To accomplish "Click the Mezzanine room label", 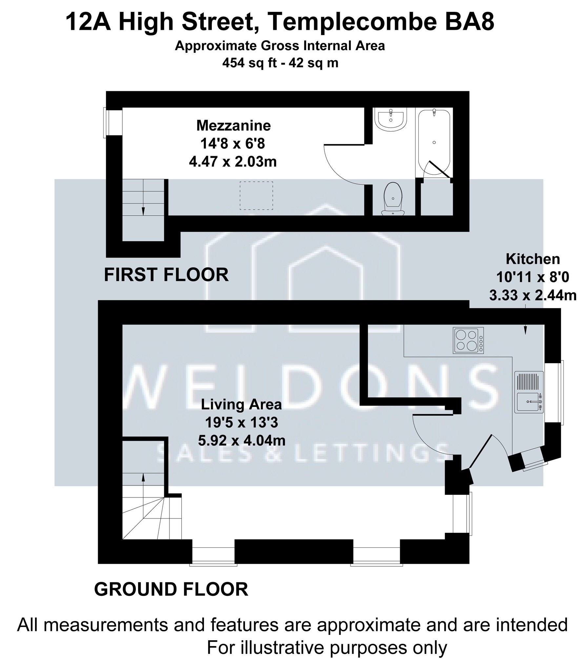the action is coord(233,126).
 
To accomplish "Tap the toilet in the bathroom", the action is coord(393,199).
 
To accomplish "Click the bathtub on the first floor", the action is coord(434,143).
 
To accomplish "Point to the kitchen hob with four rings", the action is coord(468,340).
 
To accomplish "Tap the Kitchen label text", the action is coord(533,259).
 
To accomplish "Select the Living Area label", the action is coord(241,404).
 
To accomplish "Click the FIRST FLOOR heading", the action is coord(166,275).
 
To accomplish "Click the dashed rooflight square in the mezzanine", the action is coord(256,196).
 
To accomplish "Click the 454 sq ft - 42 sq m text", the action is coord(280,63).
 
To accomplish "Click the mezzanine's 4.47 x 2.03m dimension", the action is coord(233,162).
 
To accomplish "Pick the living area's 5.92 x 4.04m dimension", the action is coord(242,440).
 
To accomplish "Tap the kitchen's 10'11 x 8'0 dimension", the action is coord(533,278).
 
